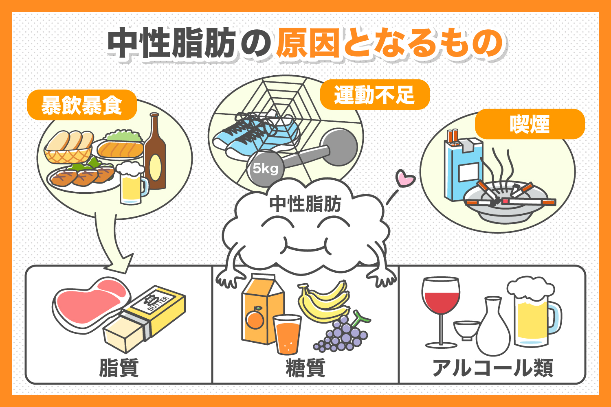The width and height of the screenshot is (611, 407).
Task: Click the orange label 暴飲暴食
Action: [x=81, y=105]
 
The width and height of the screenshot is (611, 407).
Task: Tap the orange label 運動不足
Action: [x=374, y=95]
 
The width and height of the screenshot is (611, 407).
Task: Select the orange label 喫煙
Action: [x=530, y=124]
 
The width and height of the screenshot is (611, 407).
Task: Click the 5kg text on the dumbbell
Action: [x=265, y=168]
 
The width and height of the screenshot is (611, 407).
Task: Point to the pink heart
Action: [x=405, y=178]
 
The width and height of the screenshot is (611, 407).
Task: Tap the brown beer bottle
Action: [x=155, y=155]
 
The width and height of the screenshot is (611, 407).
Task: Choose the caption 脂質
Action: [x=119, y=368]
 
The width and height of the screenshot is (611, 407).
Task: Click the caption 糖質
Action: [x=305, y=368]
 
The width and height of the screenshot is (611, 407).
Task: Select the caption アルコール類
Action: [x=492, y=368]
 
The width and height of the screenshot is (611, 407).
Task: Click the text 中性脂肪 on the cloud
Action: [x=305, y=204]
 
